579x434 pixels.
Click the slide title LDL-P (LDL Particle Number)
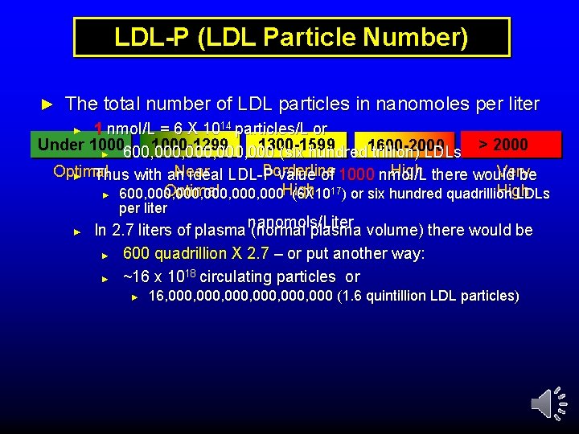click(291, 37)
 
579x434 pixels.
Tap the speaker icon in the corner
click(544, 403)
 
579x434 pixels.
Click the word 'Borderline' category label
click(299, 171)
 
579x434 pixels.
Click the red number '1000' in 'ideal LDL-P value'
click(356, 176)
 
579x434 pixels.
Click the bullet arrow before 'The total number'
click(46, 104)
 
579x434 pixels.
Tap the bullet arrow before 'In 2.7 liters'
click(78, 231)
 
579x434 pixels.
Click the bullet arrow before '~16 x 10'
click(105, 277)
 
